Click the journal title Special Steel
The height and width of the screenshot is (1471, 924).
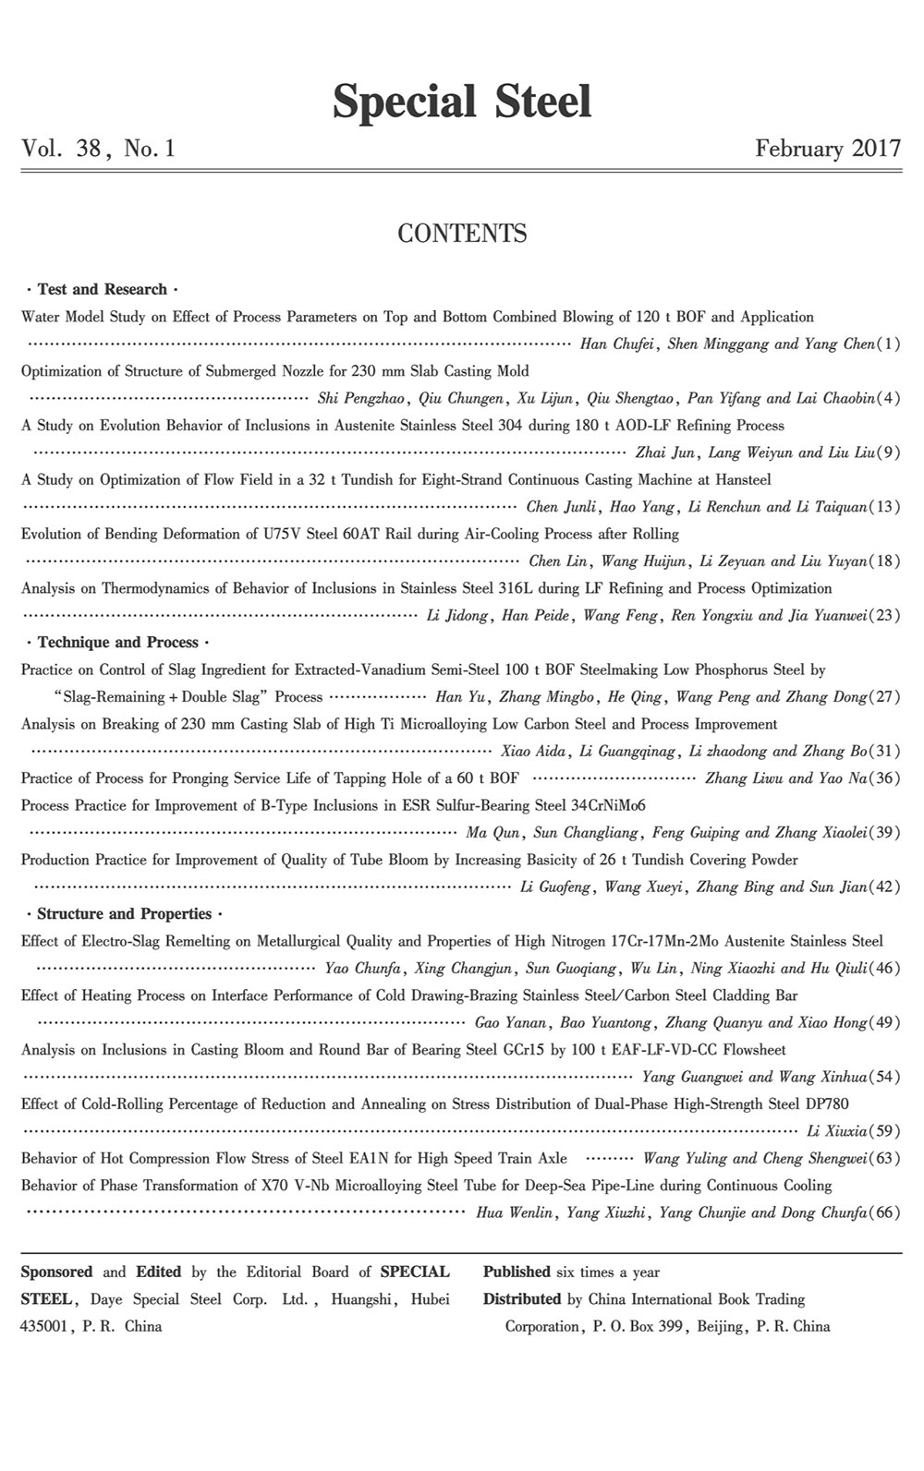462,101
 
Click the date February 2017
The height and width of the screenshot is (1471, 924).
827,149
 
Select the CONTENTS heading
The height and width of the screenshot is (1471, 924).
462,234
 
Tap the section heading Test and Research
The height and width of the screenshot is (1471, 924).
102,289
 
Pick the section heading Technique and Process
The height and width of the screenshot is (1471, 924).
117,643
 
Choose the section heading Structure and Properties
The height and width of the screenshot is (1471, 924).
125,914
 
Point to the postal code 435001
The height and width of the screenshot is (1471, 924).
46,1326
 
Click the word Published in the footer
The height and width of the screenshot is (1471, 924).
517,1272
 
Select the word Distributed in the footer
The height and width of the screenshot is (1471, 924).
521,1299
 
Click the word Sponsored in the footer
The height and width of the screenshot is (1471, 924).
56,1272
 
